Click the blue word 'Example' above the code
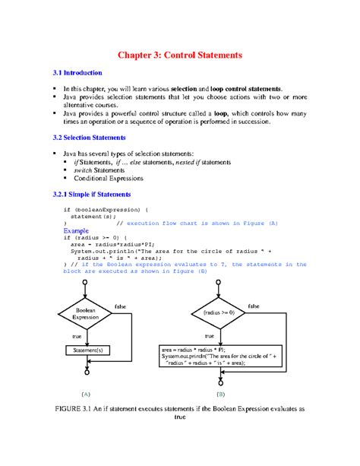(76, 230)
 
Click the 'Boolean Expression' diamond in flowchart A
(86, 312)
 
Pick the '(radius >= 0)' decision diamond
(219, 312)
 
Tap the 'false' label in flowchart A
(121, 306)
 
